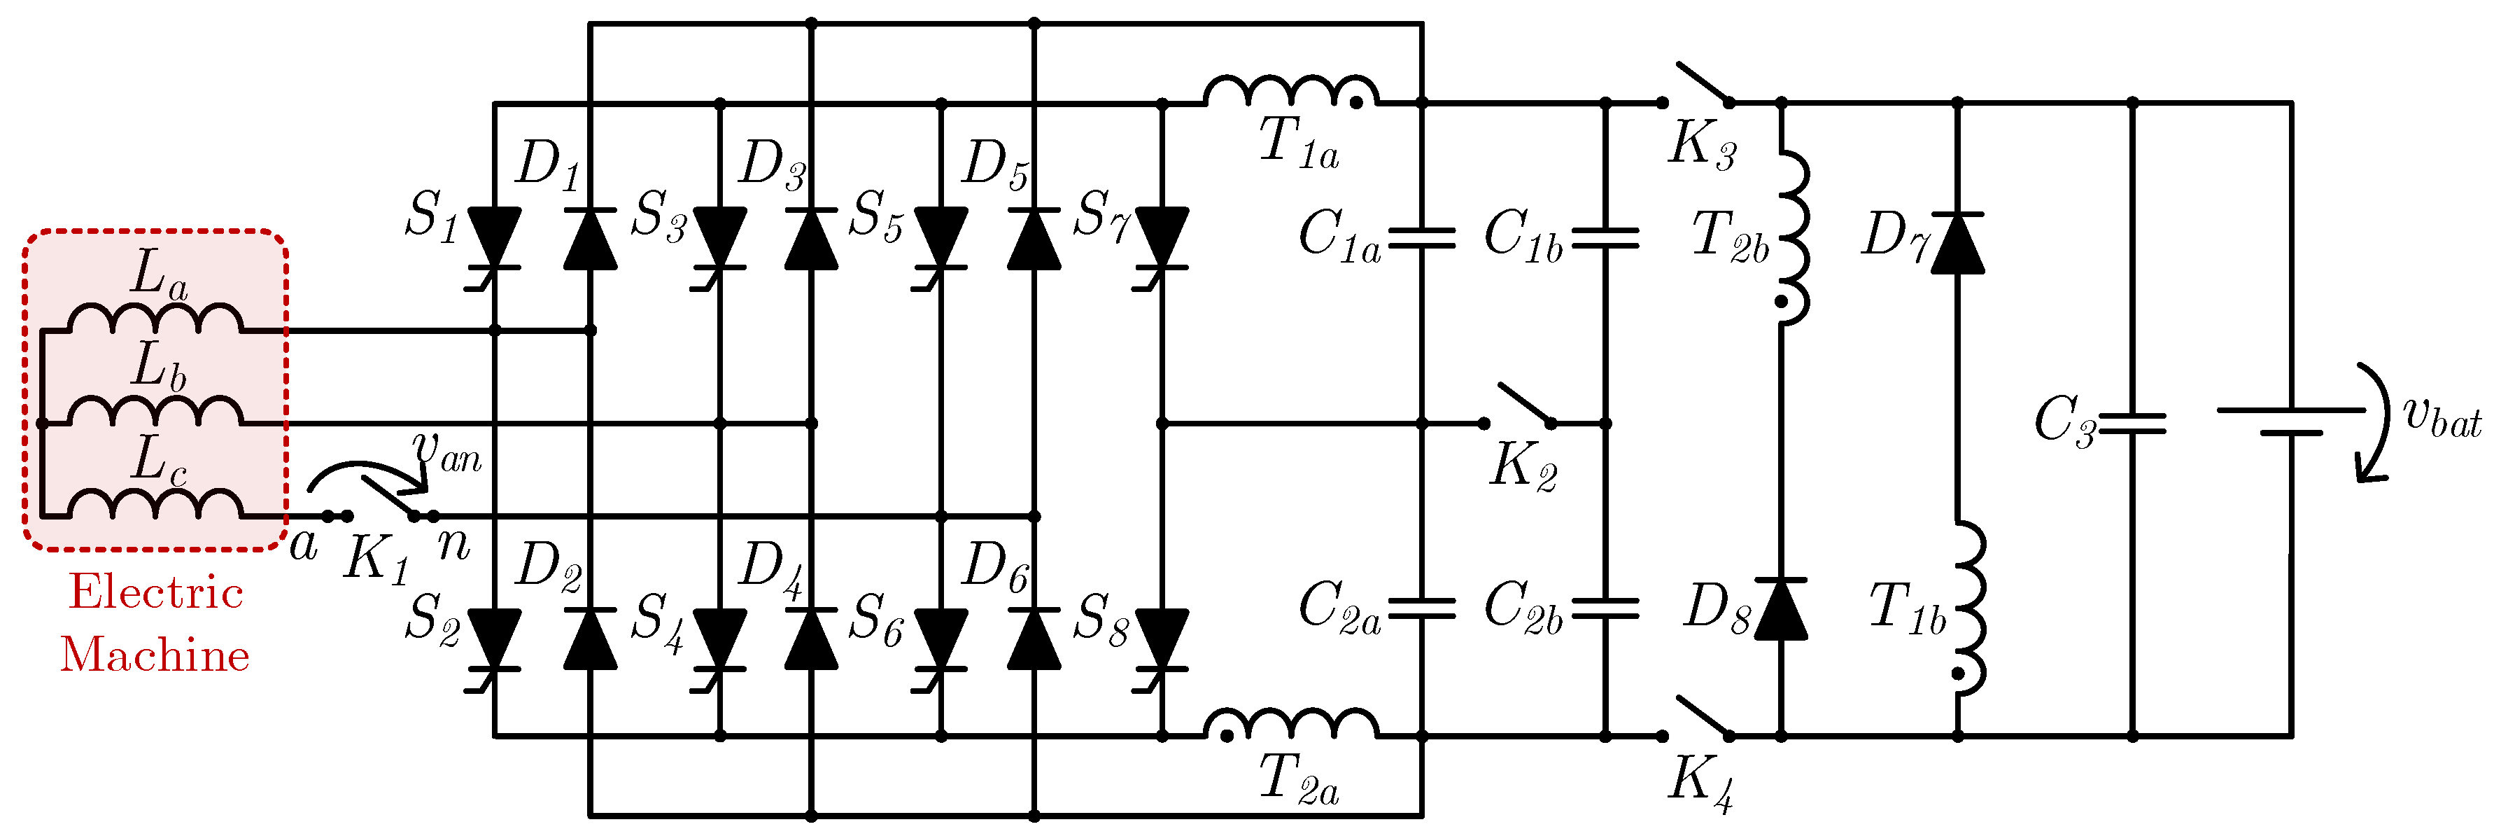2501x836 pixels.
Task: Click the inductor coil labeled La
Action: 155,319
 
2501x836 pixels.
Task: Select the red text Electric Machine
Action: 155,623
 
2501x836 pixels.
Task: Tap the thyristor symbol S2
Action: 494,641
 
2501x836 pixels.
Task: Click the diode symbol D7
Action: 1957,243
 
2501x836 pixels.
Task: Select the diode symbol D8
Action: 1781,610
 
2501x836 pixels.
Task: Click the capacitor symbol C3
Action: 2132,424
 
